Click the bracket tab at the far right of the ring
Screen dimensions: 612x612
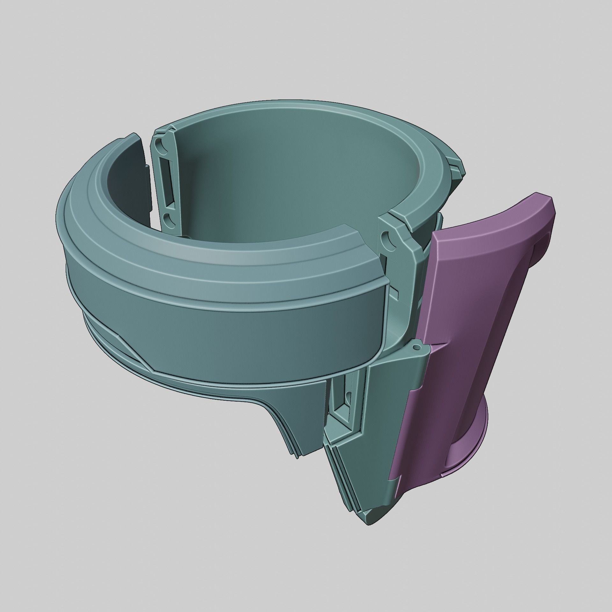pos(456,166)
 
